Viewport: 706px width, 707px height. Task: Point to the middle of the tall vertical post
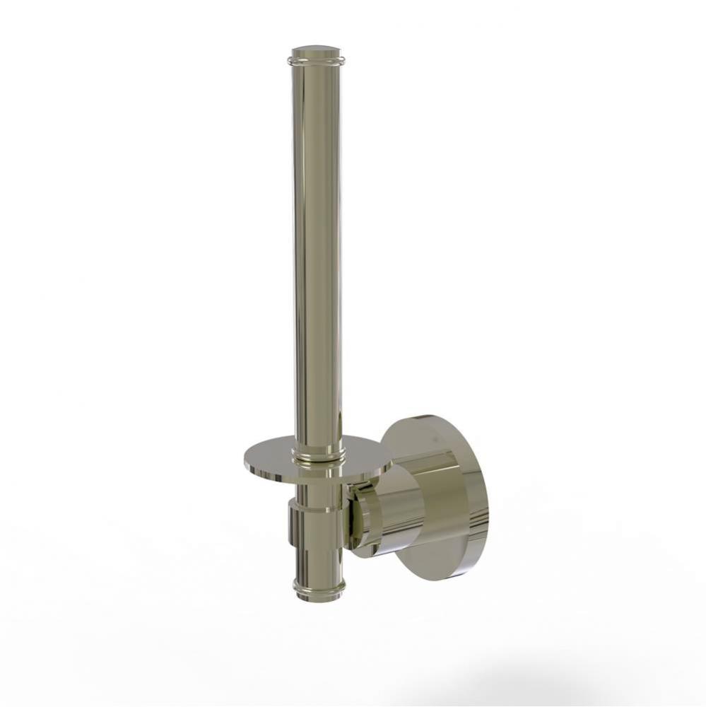317,247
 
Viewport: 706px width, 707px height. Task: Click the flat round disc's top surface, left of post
272,452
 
